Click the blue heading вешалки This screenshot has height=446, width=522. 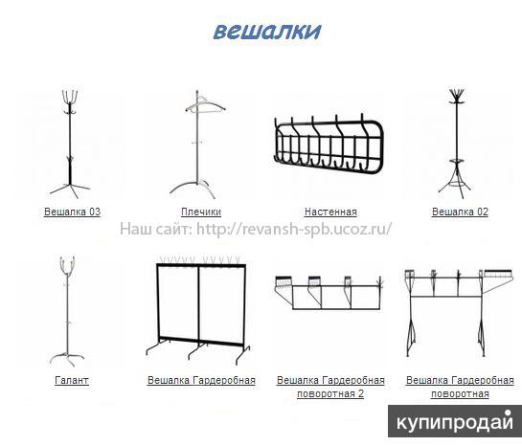click(267, 32)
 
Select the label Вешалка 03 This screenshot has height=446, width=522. click(72, 212)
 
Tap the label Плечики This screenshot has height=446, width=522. click(201, 212)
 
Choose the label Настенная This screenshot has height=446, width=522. click(330, 212)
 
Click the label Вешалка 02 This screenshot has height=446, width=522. click(460, 212)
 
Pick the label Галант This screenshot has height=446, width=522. click(72, 380)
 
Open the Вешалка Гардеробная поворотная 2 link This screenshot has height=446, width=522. click(330, 387)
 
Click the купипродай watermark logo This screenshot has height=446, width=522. click(455, 422)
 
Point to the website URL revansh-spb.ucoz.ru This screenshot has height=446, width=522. click(294, 229)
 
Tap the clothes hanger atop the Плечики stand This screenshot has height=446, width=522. click(205, 106)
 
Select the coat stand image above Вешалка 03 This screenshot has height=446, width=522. click(70, 144)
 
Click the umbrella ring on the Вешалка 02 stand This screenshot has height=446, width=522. click(454, 162)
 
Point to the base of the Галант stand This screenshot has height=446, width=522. click(68, 358)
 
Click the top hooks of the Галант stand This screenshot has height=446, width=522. click(68, 265)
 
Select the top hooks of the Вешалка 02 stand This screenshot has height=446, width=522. click(456, 96)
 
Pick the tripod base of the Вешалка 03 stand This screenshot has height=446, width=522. click(70, 189)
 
